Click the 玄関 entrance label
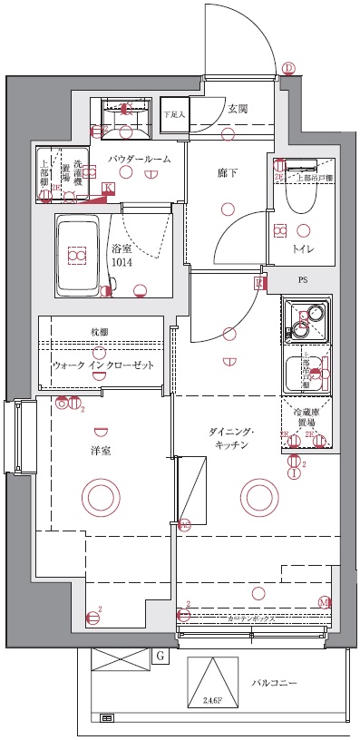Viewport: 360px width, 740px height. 238,109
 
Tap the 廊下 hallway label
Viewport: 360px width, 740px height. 227,172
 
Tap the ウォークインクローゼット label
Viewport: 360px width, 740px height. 102,365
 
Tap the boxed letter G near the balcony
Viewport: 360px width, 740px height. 160,655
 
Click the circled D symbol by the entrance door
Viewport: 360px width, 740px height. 288,69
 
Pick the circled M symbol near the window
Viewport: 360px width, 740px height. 324,602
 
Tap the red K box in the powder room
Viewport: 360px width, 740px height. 110,189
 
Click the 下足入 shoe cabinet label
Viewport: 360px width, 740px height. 174,115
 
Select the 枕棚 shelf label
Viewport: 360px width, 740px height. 100,333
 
